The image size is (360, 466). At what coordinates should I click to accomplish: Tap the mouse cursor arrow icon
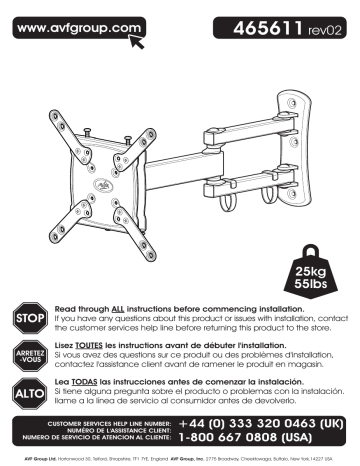tap(139, 40)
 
